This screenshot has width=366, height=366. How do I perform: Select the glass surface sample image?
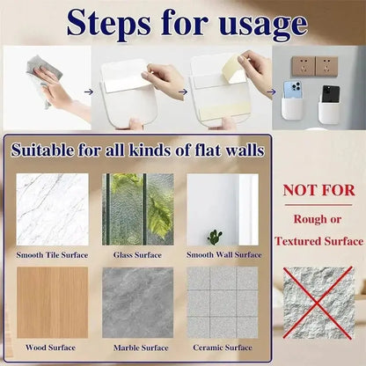[x=136, y=209]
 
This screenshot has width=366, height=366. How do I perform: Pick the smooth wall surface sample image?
[x=222, y=209]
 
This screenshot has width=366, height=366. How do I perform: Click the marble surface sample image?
[x=136, y=303]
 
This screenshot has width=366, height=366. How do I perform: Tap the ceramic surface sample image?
[x=222, y=303]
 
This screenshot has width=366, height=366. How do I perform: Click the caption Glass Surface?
[x=136, y=254]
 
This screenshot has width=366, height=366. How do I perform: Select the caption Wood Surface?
[x=51, y=348]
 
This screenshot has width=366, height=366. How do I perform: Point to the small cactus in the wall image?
[x=214, y=237]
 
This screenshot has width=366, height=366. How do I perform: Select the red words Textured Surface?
[x=318, y=240]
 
